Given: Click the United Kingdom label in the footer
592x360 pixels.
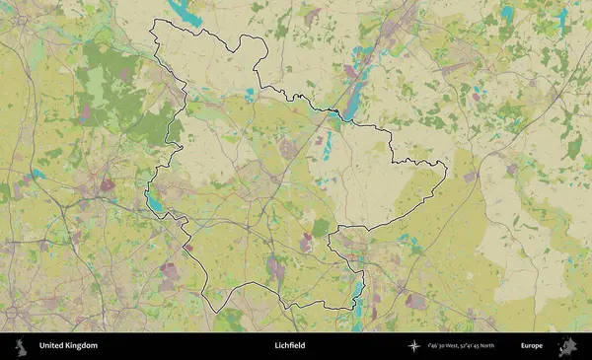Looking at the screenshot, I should point(68,346).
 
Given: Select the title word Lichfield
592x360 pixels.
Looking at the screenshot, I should point(290,346).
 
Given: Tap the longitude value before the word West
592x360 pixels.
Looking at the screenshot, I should point(435,346).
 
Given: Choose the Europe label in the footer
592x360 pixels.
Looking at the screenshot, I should point(532,346).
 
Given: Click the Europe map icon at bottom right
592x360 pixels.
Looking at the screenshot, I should point(567,346).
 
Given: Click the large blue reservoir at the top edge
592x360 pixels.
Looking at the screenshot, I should point(185,12).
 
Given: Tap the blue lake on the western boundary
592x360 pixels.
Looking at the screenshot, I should point(155,202).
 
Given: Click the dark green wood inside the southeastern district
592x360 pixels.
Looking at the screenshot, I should point(321,227).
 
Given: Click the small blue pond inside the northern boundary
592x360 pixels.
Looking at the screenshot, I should point(250,95).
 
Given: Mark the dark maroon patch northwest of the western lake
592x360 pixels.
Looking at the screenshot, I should point(107,184).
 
